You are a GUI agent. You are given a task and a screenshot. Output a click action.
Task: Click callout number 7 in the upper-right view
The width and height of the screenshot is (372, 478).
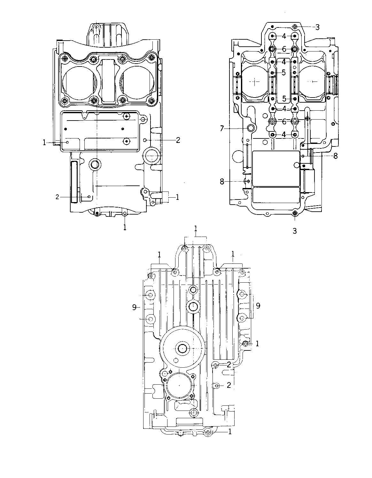(x=222, y=128)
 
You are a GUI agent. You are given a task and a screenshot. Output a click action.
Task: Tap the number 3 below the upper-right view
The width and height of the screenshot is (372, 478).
(x=295, y=231)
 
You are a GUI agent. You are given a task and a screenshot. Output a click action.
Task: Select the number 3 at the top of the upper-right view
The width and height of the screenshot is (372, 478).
(x=317, y=27)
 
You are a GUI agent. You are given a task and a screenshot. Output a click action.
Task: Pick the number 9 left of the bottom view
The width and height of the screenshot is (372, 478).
(x=134, y=307)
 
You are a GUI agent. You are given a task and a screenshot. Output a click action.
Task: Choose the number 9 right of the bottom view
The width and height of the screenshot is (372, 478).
(x=258, y=306)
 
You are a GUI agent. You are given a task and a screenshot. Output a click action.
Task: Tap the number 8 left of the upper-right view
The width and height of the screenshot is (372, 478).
(x=222, y=182)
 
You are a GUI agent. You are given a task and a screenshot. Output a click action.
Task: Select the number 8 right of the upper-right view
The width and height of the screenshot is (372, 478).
(x=336, y=156)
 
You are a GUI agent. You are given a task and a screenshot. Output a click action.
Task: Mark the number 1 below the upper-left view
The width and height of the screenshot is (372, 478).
(x=125, y=227)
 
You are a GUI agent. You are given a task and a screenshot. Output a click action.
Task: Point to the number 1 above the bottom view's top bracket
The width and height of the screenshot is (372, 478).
(x=196, y=229)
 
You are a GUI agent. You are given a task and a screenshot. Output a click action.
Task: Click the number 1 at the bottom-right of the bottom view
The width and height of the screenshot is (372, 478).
(x=230, y=432)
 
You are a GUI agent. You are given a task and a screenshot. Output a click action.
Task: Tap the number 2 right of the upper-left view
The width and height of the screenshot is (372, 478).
(x=178, y=140)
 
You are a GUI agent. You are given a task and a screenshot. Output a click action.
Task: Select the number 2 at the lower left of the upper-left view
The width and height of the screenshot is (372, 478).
(x=58, y=197)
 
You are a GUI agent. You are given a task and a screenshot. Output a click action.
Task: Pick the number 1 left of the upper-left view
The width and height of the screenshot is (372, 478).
(x=44, y=143)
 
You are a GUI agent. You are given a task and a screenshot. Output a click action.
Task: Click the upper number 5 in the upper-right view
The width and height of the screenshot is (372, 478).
(x=283, y=73)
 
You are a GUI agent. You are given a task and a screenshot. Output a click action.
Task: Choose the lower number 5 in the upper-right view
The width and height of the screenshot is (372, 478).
(x=284, y=99)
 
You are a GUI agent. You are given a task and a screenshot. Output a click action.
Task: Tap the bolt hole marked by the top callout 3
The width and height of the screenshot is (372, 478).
(x=295, y=27)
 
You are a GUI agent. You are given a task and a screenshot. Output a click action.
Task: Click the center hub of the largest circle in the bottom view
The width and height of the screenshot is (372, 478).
(x=182, y=348)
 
